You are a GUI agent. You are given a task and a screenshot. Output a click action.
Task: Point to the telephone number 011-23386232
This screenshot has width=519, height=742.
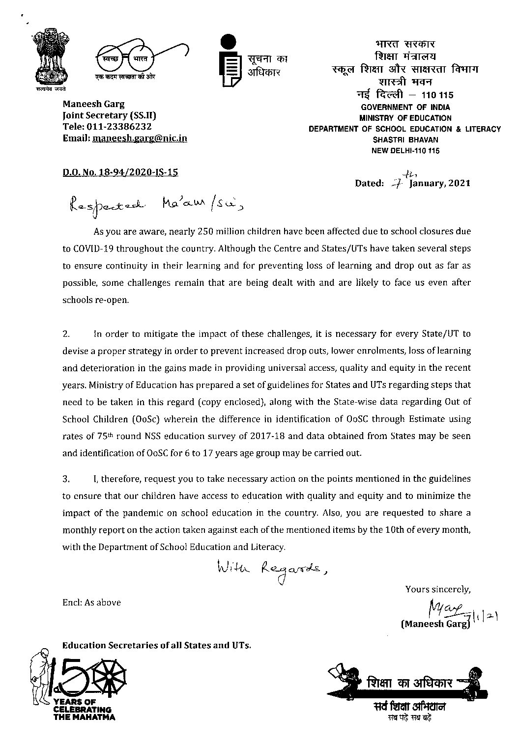[123, 127]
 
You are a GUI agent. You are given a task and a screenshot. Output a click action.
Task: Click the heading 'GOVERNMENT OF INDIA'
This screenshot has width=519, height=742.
[405, 107]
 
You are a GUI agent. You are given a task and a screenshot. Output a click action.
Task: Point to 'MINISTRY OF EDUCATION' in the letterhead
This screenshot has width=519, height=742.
[405, 118]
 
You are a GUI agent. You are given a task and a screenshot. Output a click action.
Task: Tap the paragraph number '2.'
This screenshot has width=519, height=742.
[67, 334]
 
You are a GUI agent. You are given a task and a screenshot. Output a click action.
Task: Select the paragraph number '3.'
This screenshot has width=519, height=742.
[67, 478]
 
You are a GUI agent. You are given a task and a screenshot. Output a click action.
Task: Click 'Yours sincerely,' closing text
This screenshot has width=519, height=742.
[438, 589]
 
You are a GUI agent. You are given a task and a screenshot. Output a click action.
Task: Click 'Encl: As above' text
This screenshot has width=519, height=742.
[91, 603]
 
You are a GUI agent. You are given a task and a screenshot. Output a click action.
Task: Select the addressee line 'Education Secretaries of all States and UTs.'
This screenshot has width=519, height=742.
[157, 645]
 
